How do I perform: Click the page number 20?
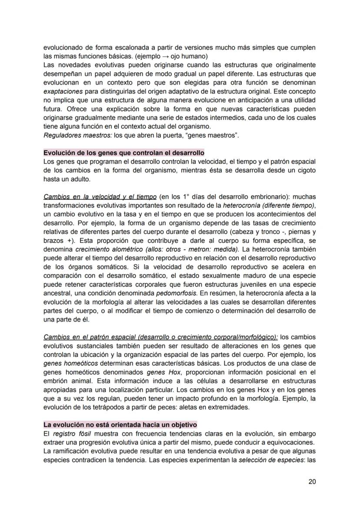[312, 481]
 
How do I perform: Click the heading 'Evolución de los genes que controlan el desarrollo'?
[124, 153]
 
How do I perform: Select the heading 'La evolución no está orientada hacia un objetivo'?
[120, 424]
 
